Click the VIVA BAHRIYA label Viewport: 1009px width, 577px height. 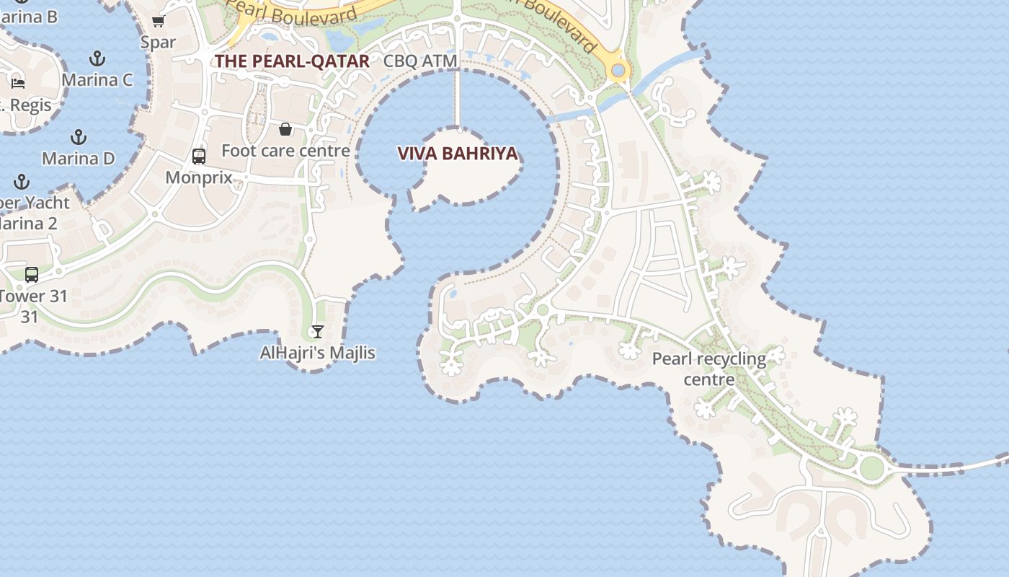458,154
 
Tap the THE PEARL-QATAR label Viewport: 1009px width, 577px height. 292,61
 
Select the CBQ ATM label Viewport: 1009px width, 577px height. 420,61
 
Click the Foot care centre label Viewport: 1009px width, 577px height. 285,151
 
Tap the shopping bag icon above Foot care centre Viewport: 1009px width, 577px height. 285,129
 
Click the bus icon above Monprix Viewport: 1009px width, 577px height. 198,156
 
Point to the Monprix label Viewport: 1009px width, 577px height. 198,177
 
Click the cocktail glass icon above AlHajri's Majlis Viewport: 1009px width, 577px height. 317,331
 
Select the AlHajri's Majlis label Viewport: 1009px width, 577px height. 317,353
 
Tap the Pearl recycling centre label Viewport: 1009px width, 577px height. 709,369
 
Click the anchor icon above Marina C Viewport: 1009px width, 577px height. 97,58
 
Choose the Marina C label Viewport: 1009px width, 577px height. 97,79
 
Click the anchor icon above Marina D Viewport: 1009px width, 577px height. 78,136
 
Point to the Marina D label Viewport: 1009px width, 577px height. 78,158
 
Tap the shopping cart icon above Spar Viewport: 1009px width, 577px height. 158,21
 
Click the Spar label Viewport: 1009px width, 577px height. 158,42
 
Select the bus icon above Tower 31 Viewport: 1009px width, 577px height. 31,274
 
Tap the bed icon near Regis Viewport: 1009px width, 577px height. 18,83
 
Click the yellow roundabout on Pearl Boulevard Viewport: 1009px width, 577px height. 618,71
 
